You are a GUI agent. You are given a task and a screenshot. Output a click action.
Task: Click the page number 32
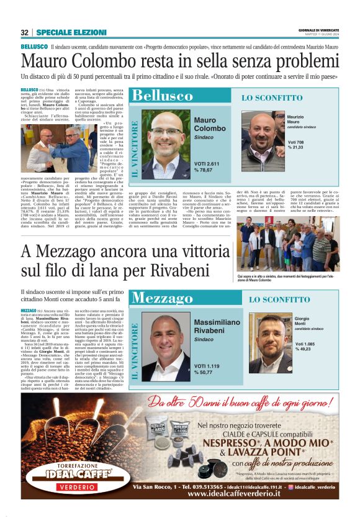pos(25,32)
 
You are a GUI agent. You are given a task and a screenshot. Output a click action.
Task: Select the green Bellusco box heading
pos(162,96)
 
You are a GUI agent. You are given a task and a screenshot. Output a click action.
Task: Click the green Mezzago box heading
pos(163,297)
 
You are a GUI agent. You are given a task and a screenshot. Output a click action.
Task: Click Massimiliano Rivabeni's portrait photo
pos(166,345)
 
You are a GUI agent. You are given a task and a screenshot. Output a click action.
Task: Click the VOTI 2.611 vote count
pos(207,162)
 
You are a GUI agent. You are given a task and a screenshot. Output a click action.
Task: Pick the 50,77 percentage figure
pos(207,373)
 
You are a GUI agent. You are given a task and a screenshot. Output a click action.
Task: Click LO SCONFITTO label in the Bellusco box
pos(272,98)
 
